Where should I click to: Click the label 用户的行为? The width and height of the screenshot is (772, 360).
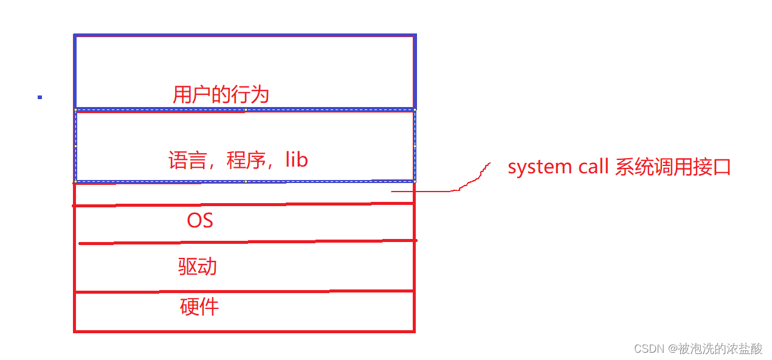pos(221,95)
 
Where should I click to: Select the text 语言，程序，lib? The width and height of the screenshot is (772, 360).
pos(238,160)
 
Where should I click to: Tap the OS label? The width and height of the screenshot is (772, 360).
pos(200,220)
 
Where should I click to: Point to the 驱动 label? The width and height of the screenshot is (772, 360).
pos(198,266)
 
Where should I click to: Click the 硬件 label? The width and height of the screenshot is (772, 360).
pos(199,306)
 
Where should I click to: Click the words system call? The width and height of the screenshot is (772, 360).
pos(558,167)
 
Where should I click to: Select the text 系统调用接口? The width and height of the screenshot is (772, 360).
pos(672,167)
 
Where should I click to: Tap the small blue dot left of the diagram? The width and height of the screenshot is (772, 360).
pos(40,97)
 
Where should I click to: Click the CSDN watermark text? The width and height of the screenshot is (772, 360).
pos(649,348)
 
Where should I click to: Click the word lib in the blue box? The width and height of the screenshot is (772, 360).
pos(297,160)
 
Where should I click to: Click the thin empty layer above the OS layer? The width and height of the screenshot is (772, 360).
pos(243,193)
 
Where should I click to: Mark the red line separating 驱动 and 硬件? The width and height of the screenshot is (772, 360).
pos(243,292)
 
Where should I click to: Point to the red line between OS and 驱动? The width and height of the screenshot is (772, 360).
pos(243,242)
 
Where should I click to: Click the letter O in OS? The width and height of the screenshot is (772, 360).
pos(194,220)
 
